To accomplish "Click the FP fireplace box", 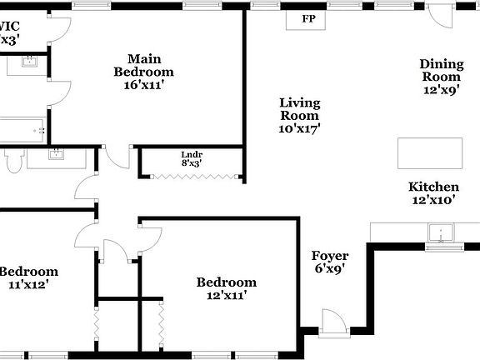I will (308, 19).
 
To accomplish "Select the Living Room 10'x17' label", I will (299, 116).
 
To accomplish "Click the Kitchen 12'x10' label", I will (432, 193).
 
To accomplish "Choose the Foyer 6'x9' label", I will (330, 262).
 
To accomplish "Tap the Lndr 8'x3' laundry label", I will (192, 159).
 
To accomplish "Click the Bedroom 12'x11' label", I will (226, 288).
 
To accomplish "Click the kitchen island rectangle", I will (429, 153).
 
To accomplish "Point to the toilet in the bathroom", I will (12, 162).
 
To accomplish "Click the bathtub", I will (22, 130).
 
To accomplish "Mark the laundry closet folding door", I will (192, 176).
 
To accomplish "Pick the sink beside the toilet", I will (57, 153).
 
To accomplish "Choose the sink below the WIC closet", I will (27, 64).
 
